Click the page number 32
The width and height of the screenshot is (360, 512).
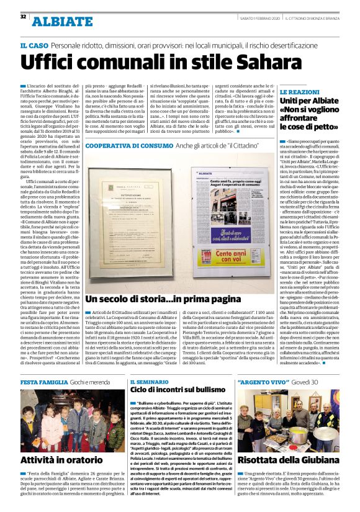[23, 16]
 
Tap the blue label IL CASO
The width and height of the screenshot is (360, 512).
[34, 45]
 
